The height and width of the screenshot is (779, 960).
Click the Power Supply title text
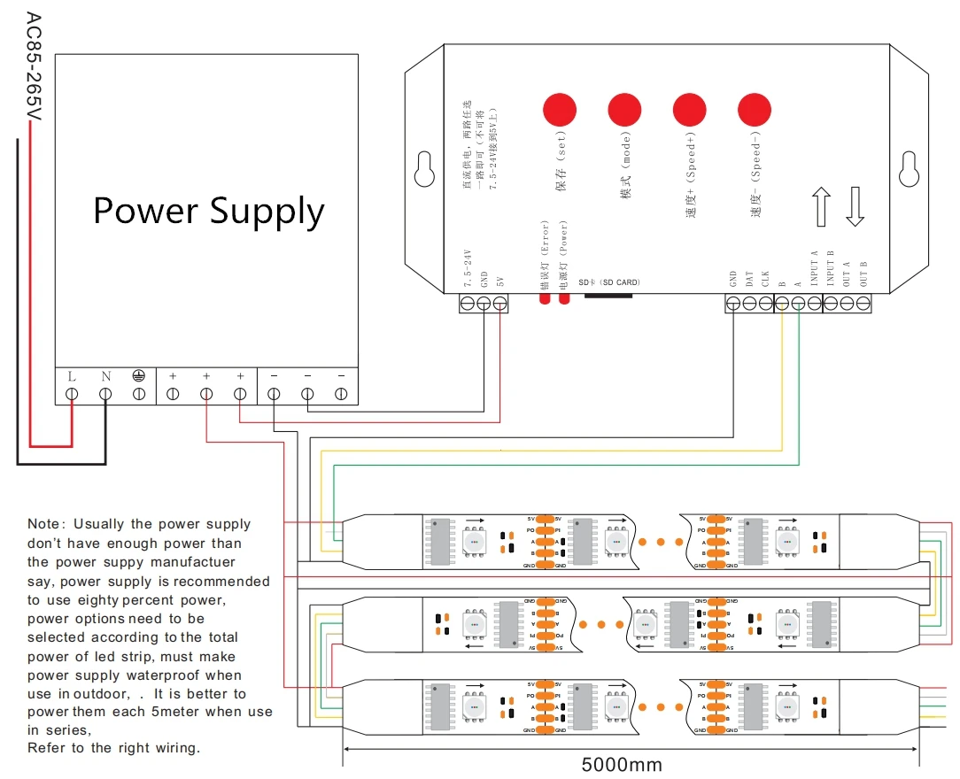209,212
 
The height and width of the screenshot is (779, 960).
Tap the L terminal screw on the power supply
72,393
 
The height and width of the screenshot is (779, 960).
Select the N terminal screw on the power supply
105,393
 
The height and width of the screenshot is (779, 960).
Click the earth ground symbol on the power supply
139,376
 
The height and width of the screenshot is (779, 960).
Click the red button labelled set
559,109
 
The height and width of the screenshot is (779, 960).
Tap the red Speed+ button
690,109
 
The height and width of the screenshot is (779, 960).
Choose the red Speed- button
755,109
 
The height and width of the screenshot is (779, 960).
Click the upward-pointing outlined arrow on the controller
821,205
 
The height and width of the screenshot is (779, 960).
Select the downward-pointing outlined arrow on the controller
855,205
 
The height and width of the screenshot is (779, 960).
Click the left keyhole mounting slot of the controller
422,169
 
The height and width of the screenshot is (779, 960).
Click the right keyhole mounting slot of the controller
908,169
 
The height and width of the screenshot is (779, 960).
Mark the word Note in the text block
44,525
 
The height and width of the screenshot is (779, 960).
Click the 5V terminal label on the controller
500,282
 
